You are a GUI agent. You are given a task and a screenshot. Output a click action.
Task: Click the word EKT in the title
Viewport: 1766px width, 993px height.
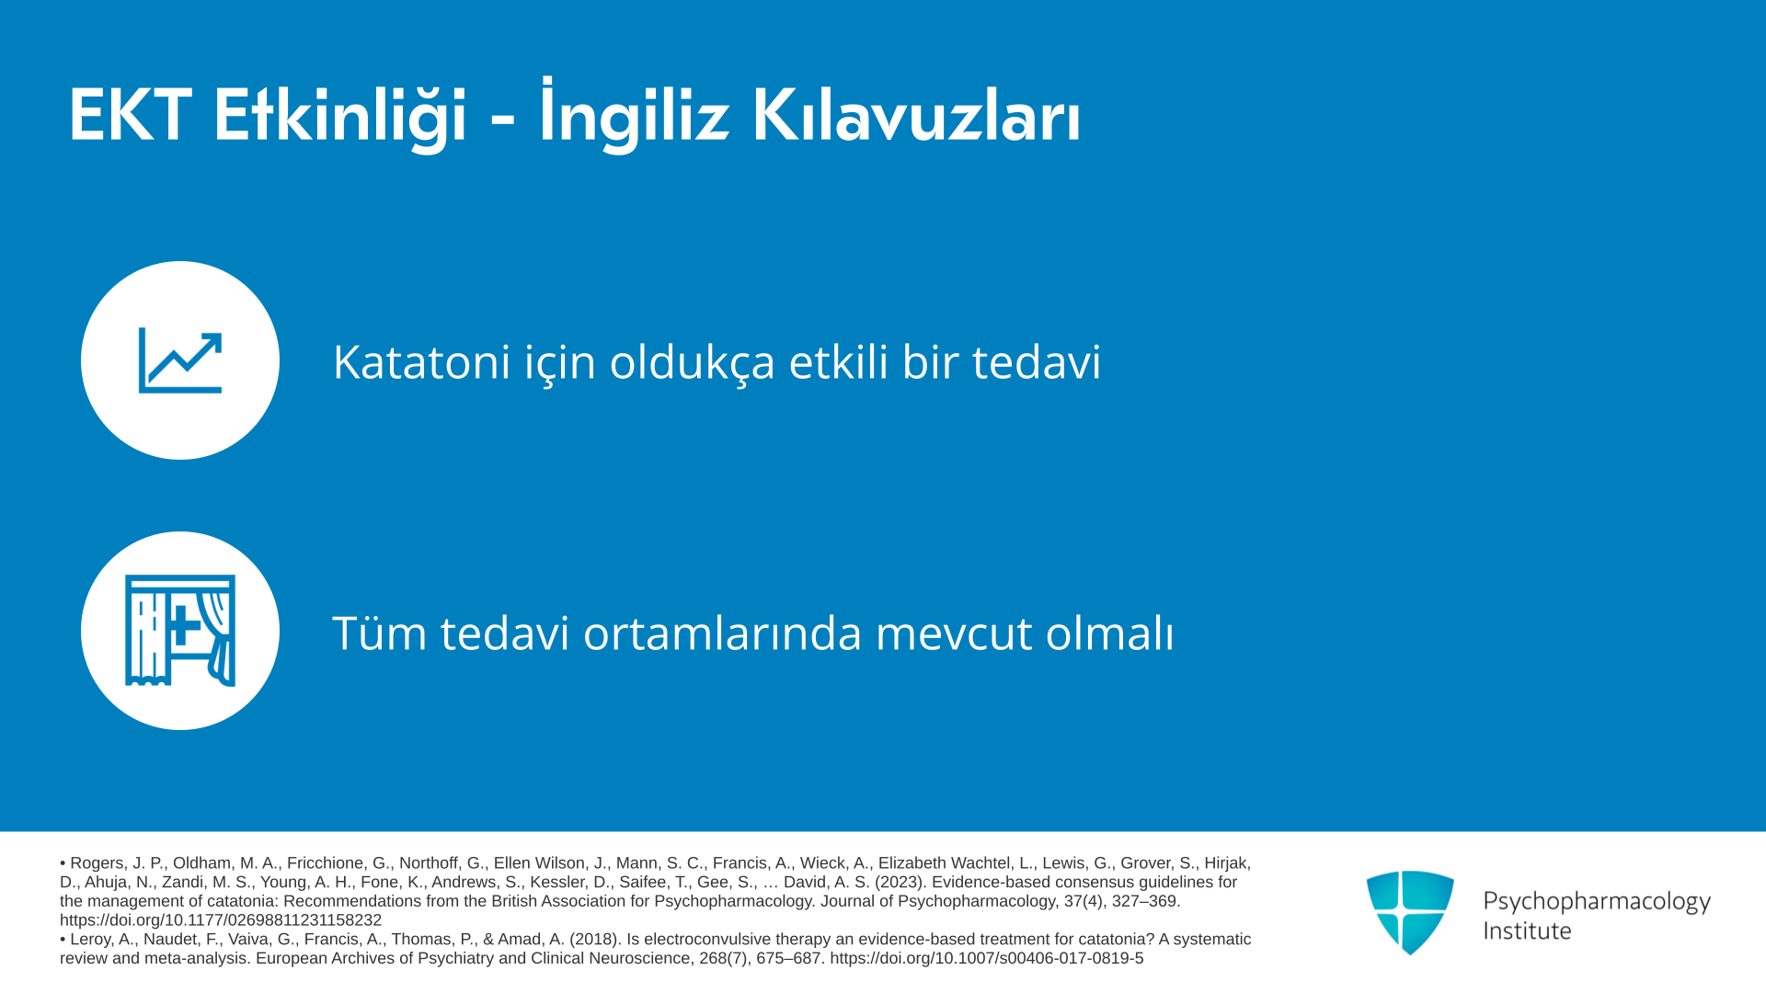(130, 116)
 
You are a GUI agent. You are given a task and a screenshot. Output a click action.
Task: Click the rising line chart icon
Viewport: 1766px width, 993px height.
(180, 360)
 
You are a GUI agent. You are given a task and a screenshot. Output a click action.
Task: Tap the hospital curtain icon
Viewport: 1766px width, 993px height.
(180, 631)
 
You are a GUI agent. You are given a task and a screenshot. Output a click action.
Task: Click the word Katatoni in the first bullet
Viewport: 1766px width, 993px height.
(421, 361)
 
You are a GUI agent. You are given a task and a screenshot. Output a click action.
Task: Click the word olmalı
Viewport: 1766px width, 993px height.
(1109, 633)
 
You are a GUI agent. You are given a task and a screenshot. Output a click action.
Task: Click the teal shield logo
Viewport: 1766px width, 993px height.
(1410, 912)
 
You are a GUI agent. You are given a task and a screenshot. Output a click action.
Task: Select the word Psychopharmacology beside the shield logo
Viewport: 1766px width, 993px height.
(1597, 901)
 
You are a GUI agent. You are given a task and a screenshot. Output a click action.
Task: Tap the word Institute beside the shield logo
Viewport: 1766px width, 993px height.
(1527, 930)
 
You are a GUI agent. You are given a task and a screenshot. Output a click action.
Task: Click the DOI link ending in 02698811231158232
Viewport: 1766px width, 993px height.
(221, 920)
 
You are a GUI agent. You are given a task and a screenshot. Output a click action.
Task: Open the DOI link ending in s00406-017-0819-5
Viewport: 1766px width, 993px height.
(987, 958)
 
